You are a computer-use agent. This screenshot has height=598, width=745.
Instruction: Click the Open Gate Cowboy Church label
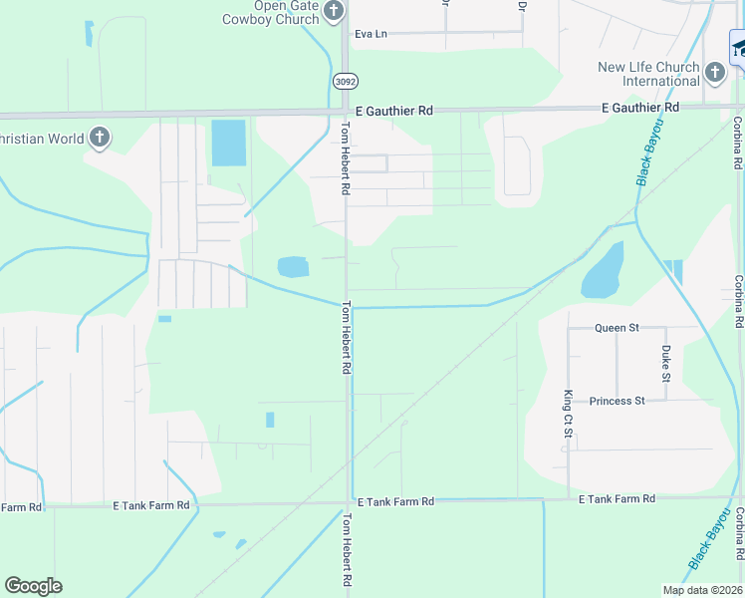269,12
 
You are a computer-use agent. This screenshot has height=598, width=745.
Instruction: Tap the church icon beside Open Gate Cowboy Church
334,11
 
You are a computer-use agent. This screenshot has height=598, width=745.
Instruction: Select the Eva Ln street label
370,34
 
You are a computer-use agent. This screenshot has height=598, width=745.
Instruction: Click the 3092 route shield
344,81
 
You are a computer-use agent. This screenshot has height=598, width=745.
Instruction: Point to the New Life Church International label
647,74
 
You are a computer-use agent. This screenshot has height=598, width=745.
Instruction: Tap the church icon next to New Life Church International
714,72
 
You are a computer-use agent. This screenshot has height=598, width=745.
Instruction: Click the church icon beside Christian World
99,138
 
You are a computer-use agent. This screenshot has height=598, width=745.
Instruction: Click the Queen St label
617,328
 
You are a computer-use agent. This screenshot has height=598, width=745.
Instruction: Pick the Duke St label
666,365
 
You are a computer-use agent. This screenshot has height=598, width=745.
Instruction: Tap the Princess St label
617,401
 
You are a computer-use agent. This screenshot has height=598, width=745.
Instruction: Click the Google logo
33,586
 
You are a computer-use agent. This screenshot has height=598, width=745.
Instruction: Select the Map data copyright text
701,590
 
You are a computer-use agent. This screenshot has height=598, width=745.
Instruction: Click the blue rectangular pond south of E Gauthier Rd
228,143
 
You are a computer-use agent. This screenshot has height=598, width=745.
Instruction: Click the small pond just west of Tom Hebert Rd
293,266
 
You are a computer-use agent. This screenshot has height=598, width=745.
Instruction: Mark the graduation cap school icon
739,47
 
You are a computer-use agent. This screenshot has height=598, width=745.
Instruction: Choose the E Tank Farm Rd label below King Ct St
617,498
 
